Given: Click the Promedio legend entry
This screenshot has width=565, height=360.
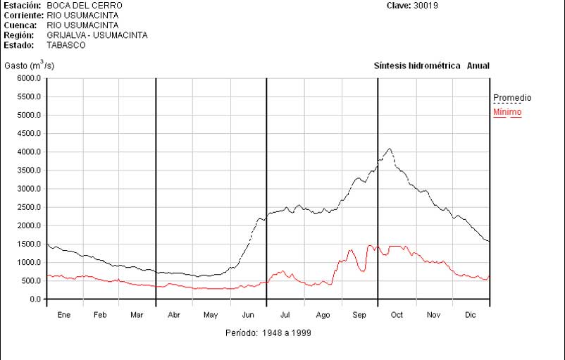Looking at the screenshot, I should pyautogui.click(x=512, y=98).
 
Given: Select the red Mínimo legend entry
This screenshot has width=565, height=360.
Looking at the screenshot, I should pyautogui.click(x=507, y=112).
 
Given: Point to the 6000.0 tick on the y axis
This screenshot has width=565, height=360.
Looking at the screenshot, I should pyautogui.click(x=29, y=79).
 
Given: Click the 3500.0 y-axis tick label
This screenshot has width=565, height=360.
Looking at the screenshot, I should pyautogui.click(x=29, y=170).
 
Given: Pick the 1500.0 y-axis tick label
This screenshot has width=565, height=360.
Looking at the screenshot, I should pyautogui.click(x=29, y=244).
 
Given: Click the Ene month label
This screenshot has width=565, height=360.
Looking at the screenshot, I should pyautogui.click(x=64, y=315).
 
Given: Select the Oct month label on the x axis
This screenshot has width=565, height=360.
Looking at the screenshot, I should pyautogui.click(x=397, y=315).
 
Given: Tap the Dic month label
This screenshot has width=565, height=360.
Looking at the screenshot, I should pyautogui.click(x=471, y=315).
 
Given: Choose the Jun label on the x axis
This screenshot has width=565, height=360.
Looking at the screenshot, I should pyautogui.click(x=249, y=315).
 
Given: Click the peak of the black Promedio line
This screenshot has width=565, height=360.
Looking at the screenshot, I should pyautogui.click(x=390, y=149).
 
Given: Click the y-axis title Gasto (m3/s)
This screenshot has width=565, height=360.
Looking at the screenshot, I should pyautogui.click(x=30, y=66).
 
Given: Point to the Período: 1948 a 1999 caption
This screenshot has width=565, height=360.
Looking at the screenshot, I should pyautogui.click(x=268, y=333).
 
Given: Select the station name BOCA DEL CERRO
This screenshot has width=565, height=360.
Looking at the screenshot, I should pyautogui.click(x=85, y=6).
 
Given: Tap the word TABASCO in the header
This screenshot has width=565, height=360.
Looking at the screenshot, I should pyautogui.click(x=66, y=45).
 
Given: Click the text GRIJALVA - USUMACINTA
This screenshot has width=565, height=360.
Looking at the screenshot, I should pyautogui.click(x=97, y=35).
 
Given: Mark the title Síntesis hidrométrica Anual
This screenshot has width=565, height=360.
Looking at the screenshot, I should pyautogui.click(x=431, y=66).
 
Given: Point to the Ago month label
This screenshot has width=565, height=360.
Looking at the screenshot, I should pyautogui.click(x=323, y=315).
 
